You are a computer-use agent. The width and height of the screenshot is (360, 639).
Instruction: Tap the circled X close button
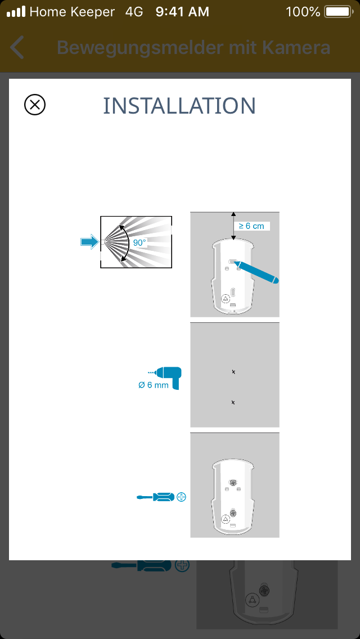pos(35,105)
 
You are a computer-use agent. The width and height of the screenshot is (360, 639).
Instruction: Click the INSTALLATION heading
pos(179,106)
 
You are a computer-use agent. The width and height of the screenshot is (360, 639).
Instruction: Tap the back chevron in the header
pos(17,47)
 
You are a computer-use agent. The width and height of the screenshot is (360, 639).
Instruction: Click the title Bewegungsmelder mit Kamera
pos(193,48)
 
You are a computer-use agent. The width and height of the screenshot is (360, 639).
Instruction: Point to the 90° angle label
pos(139,242)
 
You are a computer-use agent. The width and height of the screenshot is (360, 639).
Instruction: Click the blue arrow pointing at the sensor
pos(89,242)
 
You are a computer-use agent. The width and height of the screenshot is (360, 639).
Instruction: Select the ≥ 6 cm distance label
pos(251,226)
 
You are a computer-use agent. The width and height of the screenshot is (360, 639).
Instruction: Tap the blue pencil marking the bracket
pos(257,272)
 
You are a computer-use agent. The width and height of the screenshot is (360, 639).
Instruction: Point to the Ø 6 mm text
pos(154,385)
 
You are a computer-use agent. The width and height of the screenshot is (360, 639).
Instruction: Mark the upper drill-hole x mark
pos(233,372)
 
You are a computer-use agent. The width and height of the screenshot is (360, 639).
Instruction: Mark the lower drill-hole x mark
pos(233,402)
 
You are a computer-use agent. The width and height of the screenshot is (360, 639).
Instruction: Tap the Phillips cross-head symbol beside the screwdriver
pos(182,497)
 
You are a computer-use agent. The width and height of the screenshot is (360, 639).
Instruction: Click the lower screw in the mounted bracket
pos(233,512)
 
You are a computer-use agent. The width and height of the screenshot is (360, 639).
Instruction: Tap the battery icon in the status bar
pos(339,12)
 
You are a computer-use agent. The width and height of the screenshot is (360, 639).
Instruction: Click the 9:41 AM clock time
pos(182,12)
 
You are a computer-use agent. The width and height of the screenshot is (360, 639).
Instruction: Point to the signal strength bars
pos(16,12)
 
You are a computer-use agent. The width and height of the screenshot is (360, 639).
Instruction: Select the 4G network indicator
pos(134,12)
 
